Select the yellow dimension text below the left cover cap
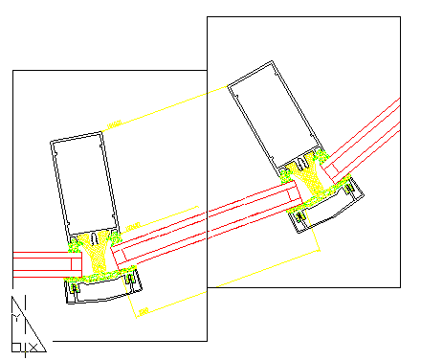click(144, 311)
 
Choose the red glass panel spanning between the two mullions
click(206, 218)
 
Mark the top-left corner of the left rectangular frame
click(11, 70)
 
